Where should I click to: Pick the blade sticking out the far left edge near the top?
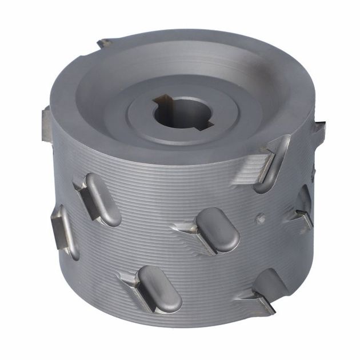(x=47, y=122)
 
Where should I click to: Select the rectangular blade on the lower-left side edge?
(x=61, y=231)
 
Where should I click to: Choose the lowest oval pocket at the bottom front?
(x=160, y=289)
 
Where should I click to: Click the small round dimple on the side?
(x=260, y=217)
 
